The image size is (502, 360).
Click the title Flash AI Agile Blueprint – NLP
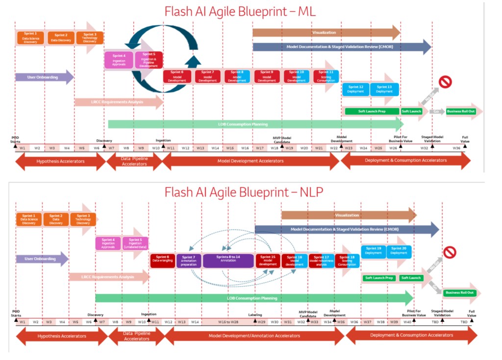coord(244,192)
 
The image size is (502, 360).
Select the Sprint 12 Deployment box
coord(355,89)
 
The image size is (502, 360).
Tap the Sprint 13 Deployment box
coord(384,89)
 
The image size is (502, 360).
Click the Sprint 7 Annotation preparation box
coord(189,260)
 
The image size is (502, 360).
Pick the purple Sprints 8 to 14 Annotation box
coord(228,260)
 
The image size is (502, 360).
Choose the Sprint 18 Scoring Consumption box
coord(347,260)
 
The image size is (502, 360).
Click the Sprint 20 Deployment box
coord(399,251)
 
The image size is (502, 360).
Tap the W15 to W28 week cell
coord(228,322)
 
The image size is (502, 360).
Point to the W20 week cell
coord(304,147)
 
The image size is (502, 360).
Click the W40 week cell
coord(407,322)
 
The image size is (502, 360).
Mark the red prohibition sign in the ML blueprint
coord(445,82)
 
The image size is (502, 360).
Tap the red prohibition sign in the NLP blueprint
coord(449,252)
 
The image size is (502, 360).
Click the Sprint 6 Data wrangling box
coord(162,260)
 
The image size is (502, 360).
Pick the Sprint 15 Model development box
coord(268,260)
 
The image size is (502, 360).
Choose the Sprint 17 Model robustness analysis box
coord(321,260)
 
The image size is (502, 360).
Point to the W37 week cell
coord(367,322)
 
